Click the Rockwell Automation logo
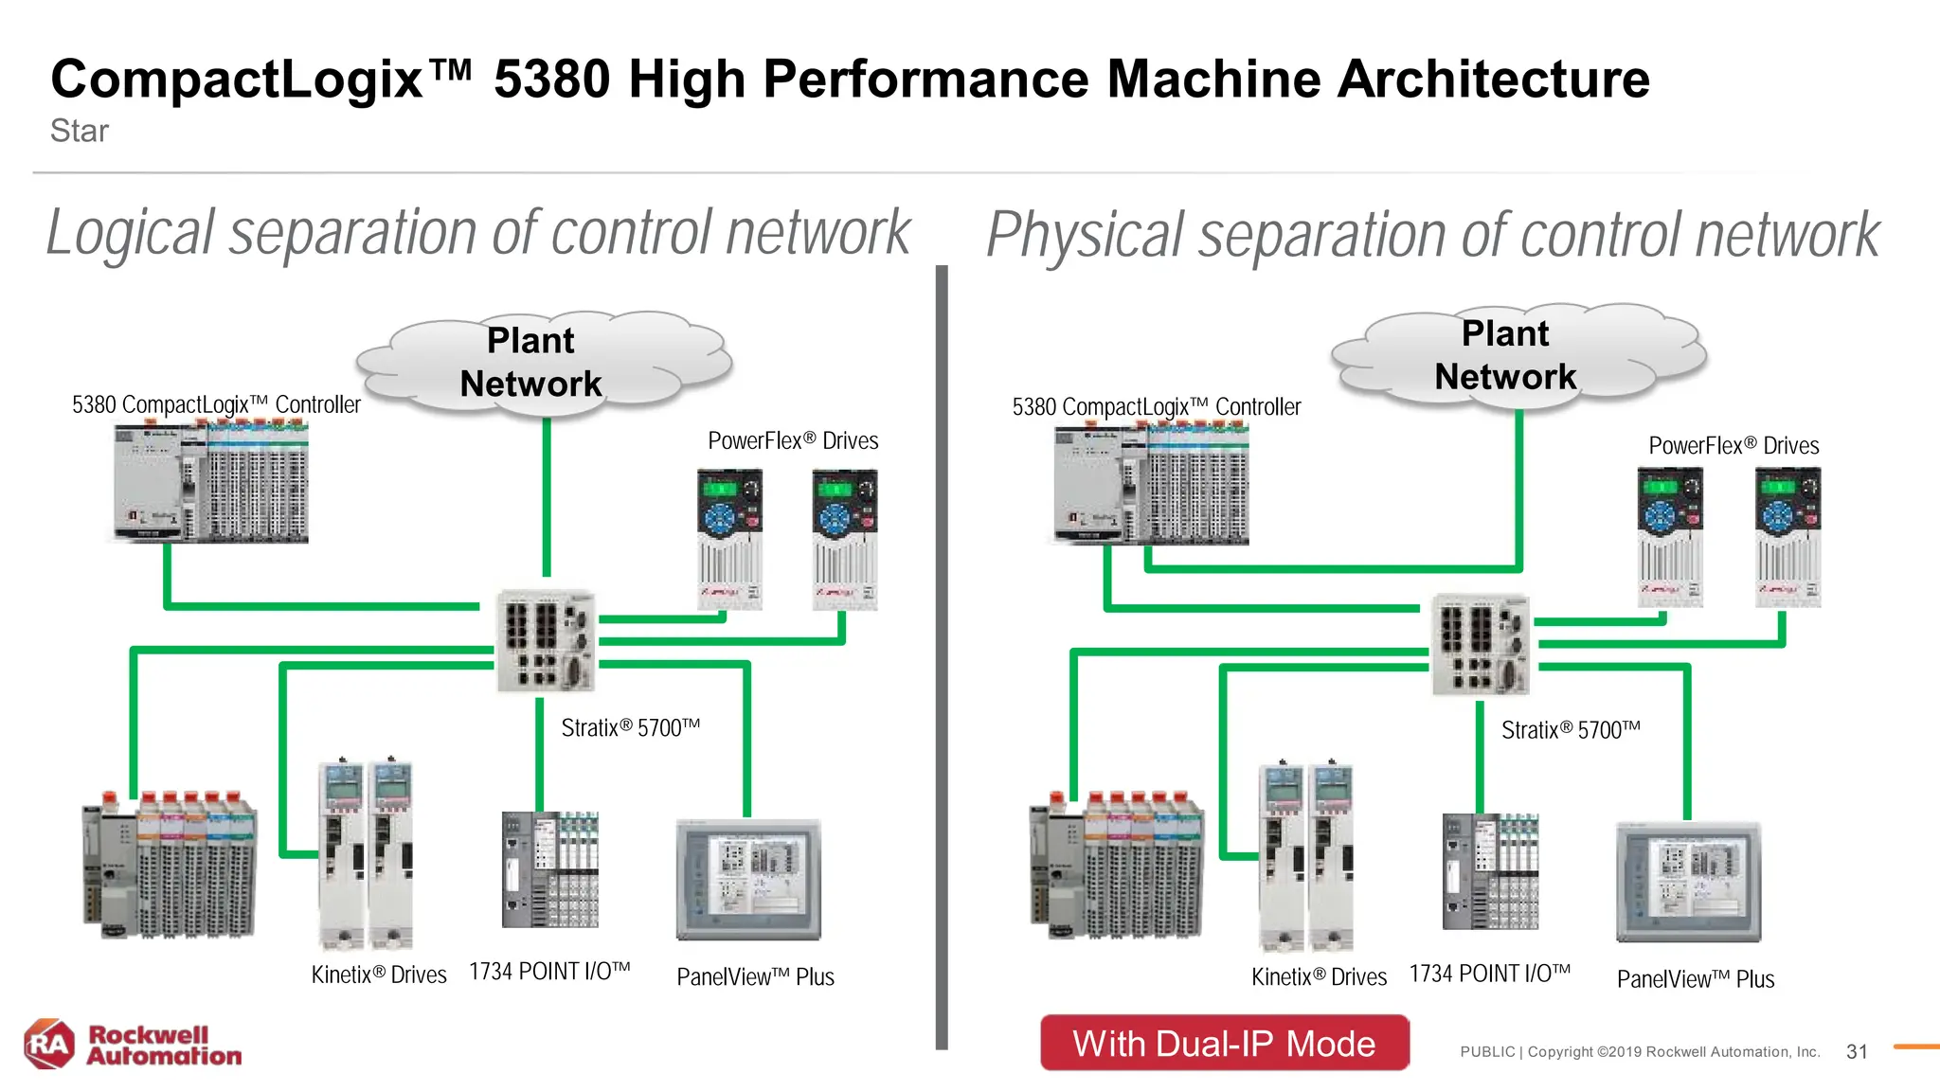tap(133, 1045)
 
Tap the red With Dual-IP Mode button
tap(1224, 1044)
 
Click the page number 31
tap(1857, 1051)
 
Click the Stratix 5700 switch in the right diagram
tap(1481, 645)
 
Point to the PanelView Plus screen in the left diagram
tap(748, 879)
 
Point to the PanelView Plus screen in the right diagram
tap(1688, 881)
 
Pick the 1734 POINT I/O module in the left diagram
tap(550, 869)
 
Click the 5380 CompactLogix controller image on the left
tap(211, 483)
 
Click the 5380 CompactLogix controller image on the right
tap(1151, 485)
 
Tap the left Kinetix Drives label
tap(379, 975)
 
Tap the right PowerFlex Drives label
tap(1733, 445)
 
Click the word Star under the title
tap(79, 131)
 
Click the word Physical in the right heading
tap(1085, 235)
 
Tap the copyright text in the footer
tap(1640, 1051)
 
